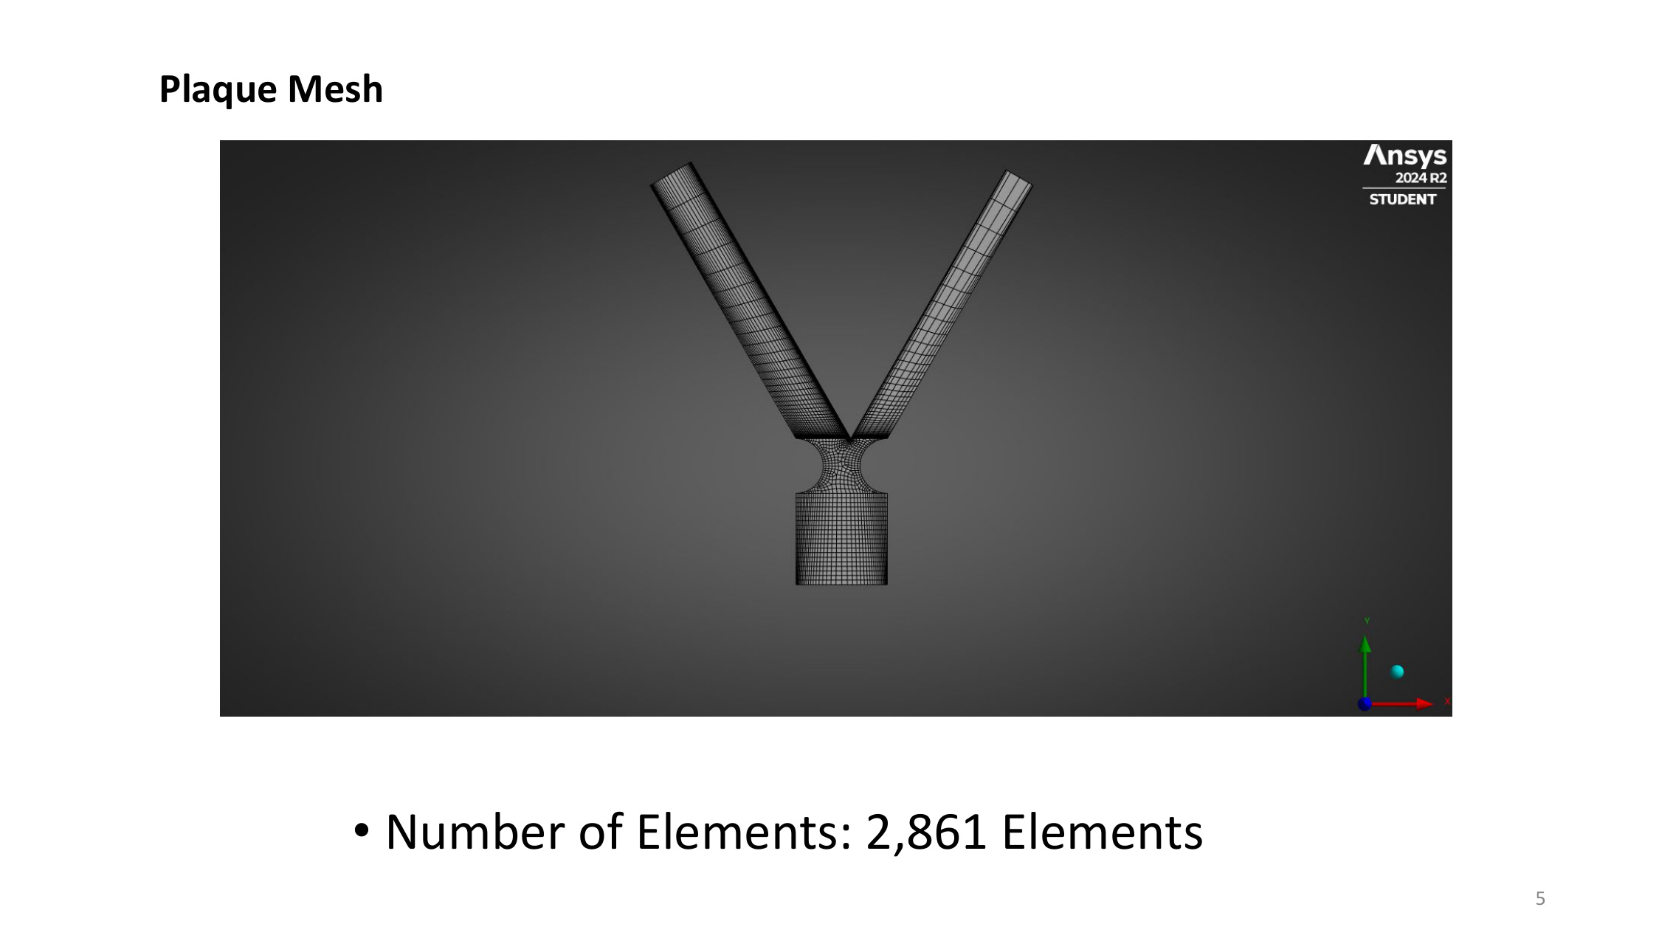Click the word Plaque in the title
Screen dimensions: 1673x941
click(x=218, y=90)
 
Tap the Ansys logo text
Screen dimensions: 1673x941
click(x=1404, y=156)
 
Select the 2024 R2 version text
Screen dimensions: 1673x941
click(x=1421, y=178)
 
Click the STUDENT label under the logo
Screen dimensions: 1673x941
click(x=1402, y=199)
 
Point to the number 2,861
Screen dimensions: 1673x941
click(x=926, y=833)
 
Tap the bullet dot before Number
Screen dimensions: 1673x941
click(x=361, y=830)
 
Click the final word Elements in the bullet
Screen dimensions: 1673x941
click(x=1102, y=832)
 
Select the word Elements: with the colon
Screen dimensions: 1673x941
click(x=744, y=832)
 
